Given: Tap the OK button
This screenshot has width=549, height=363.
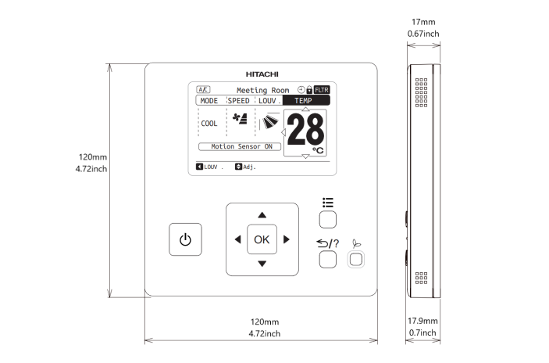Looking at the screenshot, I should [x=262, y=239].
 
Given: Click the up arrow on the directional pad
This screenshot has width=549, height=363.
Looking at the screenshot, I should [x=262, y=214].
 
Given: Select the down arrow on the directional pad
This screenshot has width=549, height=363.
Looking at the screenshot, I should [x=262, y=264].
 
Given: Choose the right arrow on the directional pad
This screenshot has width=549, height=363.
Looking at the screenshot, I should [x=287, y=239].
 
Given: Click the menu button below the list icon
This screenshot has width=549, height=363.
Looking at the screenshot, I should [x=328, y=219].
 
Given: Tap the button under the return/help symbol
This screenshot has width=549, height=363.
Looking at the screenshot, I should [x=328, y=260].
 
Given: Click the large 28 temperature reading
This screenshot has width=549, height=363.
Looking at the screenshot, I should [x=304, y=130].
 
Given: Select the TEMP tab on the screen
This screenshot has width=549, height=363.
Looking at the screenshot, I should [x=302, y=101].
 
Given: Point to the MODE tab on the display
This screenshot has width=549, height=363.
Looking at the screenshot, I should [x=209, y=101].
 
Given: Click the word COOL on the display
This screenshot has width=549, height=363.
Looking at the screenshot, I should [x=209, y=124].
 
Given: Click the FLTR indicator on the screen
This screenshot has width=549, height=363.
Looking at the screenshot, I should [x=322, y=90].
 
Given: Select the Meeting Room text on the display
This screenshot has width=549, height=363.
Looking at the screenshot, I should [x=262, y=91].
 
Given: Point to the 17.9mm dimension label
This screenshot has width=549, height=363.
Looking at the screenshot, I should [x=422, y=321].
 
